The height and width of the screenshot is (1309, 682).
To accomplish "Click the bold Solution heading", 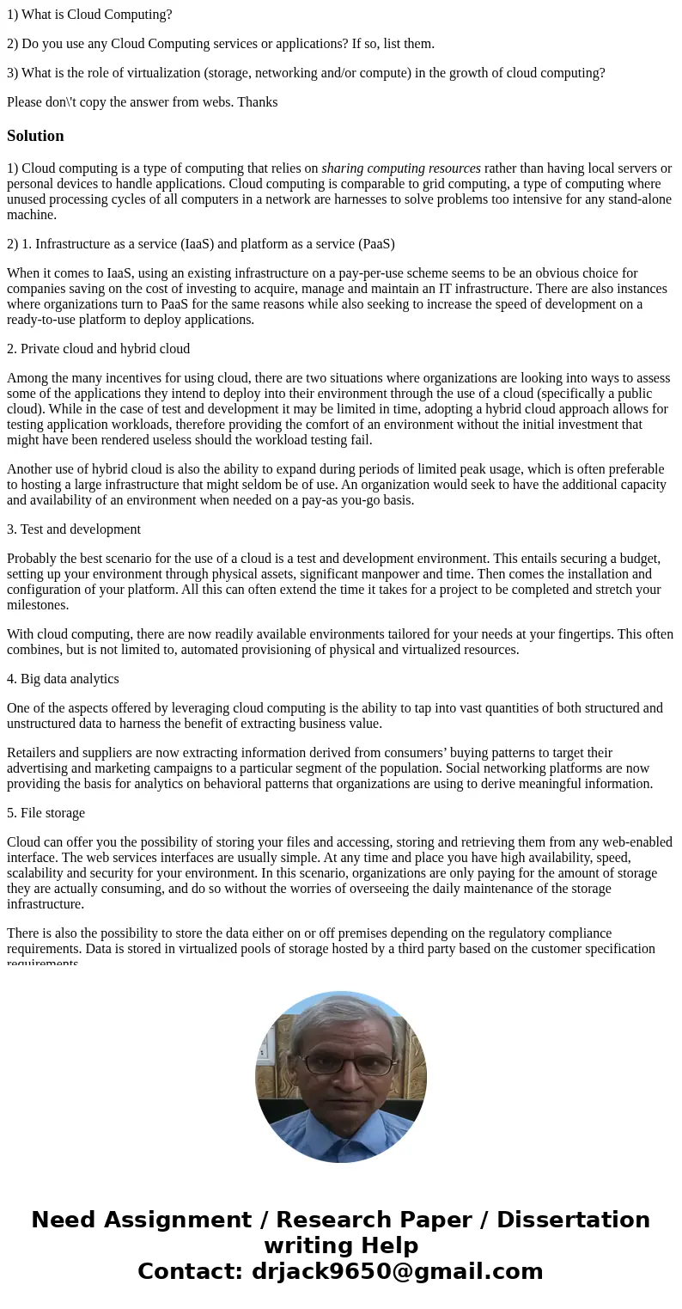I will (x=35, y=136).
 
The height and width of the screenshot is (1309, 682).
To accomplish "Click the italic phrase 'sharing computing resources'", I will (x=401, y=168).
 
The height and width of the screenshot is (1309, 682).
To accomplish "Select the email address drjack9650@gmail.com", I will (x=397, y=1271).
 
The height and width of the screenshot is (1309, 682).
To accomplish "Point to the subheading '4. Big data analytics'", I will (x=63, y=679).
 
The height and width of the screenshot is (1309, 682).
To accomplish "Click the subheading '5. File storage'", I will (x=46, y=813).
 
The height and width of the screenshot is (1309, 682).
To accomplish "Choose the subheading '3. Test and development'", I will (x=74, y=529).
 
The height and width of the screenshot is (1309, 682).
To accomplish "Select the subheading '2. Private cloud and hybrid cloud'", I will (x=98, y=349).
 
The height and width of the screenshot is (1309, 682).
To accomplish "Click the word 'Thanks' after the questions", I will (x=259, y=102).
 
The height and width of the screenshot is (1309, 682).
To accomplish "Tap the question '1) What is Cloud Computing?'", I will (x=89, y=15).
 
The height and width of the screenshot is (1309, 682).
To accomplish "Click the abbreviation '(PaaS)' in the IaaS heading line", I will (x=374, y=244).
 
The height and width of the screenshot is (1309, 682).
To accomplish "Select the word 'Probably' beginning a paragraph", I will (x=32, y=559).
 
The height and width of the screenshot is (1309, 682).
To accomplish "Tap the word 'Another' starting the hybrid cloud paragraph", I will (x=30, y=469).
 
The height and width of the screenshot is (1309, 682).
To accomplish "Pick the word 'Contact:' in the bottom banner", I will (x=191, y=1271).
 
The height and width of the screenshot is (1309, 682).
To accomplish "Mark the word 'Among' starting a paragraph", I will (x=26, y=378).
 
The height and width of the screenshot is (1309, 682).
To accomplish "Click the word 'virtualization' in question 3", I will (x=166, y=73).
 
